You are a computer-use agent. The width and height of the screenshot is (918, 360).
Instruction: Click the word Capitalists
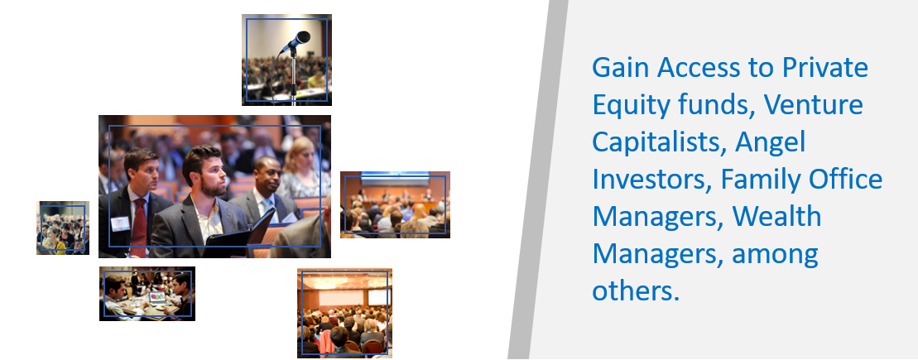(658, 143)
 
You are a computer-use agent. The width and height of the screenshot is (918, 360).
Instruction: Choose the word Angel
(771, 143)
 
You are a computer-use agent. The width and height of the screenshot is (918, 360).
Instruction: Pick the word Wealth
(776, 217)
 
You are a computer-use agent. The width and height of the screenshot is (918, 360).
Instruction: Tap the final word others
(636, 291)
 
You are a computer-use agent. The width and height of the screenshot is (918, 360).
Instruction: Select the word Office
(845, 180)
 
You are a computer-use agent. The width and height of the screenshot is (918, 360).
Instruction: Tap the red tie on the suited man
(139, 226)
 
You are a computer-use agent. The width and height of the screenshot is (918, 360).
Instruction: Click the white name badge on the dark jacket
(120, 223)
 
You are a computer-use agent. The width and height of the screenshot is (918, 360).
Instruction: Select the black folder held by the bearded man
(241, 232)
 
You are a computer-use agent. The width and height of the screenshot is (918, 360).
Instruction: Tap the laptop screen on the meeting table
(157, 297)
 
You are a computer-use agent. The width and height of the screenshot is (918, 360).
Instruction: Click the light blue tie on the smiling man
(268, 207)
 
